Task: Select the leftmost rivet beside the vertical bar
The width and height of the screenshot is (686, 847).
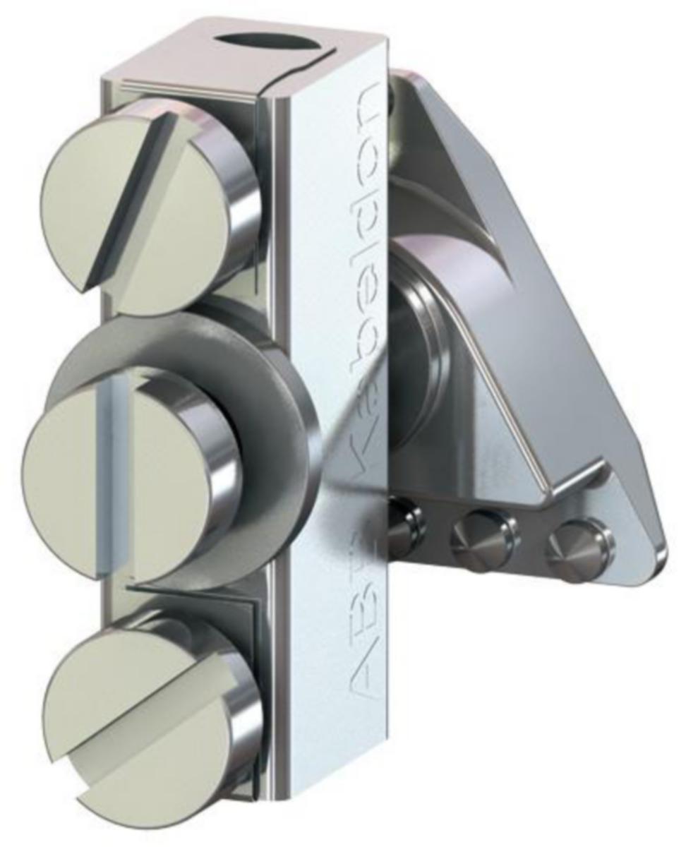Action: (405, 526)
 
